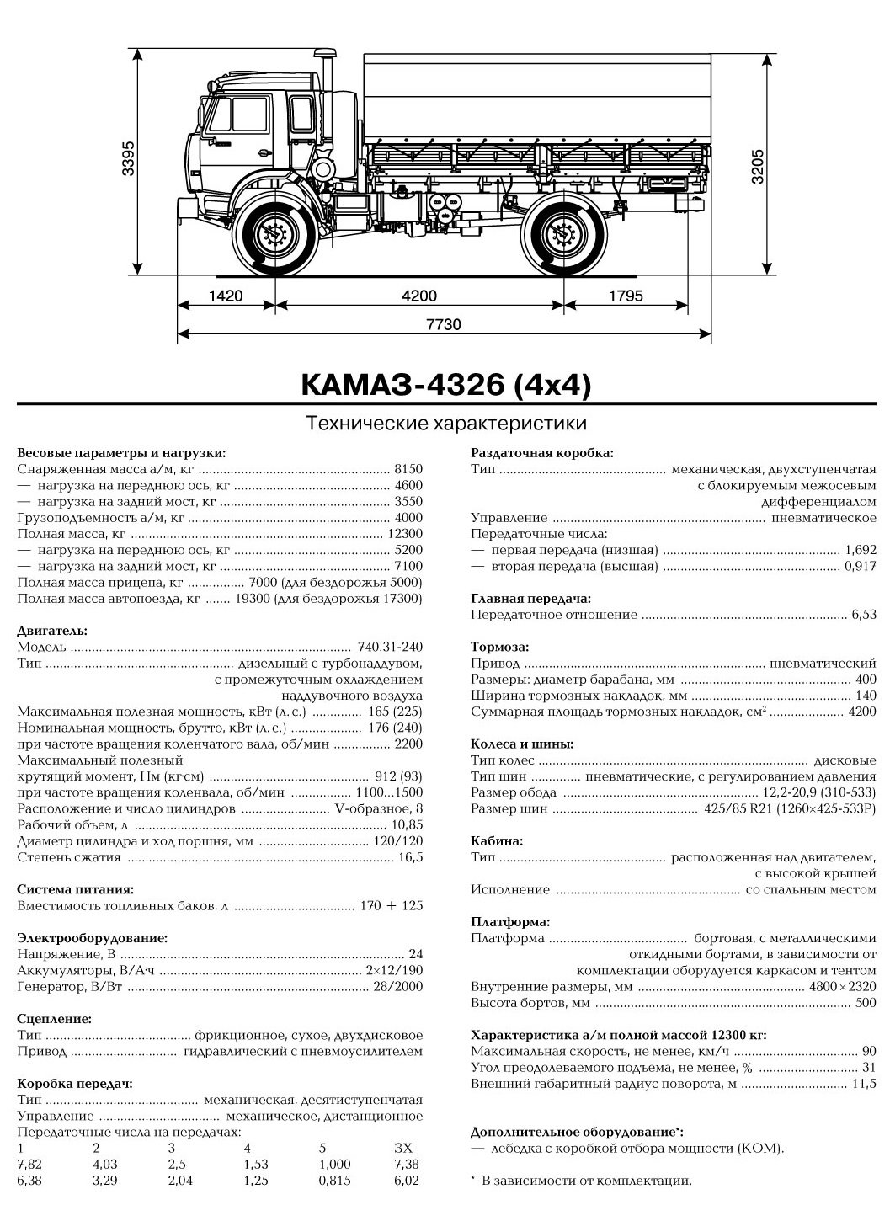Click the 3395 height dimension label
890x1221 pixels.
[129, 157]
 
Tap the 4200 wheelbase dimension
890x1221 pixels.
[419, 296]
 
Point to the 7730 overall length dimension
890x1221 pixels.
[445, 324]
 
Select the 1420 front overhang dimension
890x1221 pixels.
[225, 296]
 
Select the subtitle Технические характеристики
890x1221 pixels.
[445, 422]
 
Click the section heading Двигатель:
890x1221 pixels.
[51, 630]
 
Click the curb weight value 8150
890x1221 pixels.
[408, 469]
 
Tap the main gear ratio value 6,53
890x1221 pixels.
[863, 616]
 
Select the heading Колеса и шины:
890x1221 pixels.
[522, 744]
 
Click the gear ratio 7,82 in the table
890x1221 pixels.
[28, 1164]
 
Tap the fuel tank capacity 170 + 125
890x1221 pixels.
[390, 905]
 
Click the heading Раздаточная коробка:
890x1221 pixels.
[541, 452]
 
